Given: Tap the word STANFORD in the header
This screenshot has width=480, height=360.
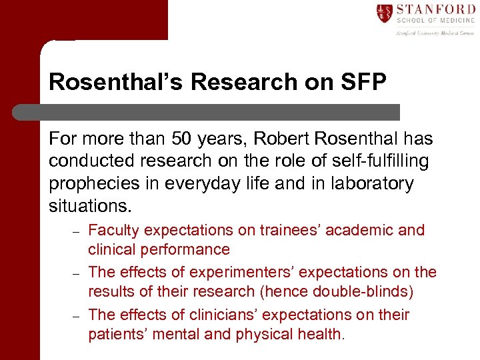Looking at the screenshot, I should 435,9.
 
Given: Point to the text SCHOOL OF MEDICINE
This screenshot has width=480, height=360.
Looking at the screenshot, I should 435,21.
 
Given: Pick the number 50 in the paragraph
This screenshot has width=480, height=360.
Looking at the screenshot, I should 181,139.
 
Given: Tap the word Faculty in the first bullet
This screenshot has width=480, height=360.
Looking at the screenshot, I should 113,231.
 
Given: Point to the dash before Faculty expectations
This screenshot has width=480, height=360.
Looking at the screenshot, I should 76,232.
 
